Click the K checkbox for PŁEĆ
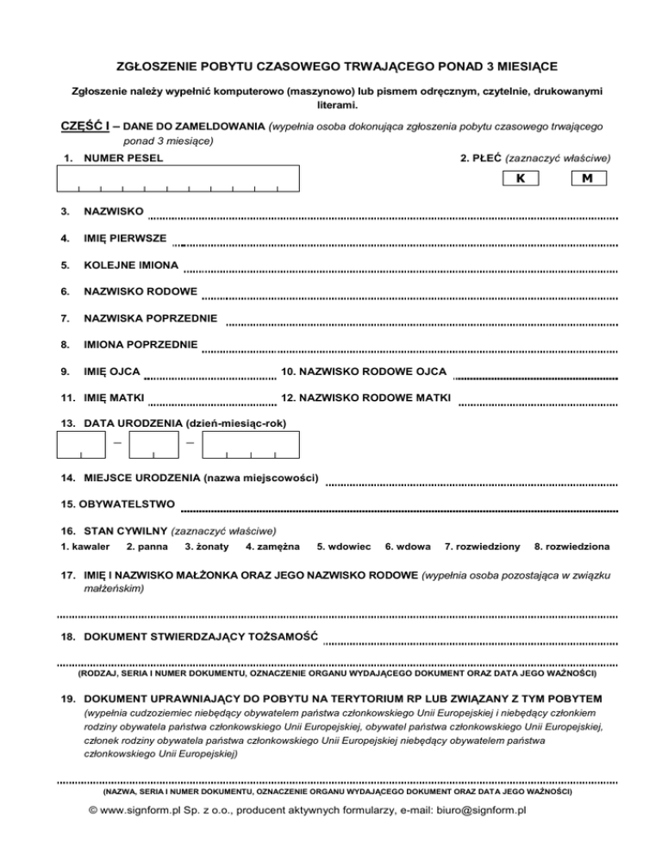click(520, 178)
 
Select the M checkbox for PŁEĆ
click(588, 178)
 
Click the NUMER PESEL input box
click(178, 178)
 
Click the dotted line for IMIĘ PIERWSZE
click(401, 245)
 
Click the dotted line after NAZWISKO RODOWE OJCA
click(535, 377)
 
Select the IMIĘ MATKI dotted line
click(212, 403)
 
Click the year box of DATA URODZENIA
click(250, 443)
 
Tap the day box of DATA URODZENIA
click(80, 443)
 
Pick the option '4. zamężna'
click(272, 547)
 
